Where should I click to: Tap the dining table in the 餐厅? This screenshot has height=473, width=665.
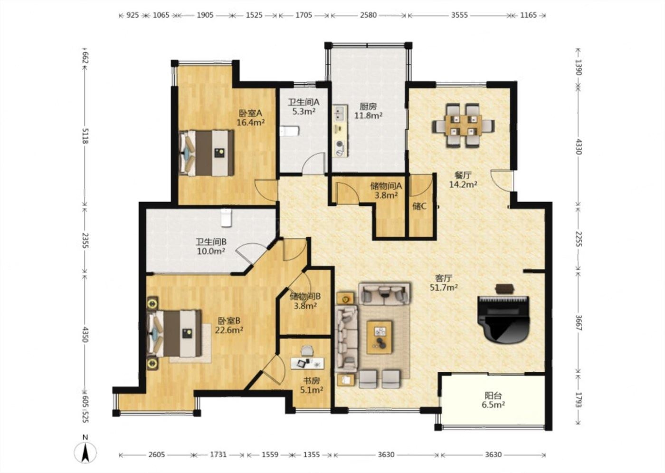tap(464, 125)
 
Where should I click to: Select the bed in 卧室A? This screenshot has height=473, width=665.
tap(206, 153)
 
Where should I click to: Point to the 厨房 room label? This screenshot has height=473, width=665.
tap(368, 106)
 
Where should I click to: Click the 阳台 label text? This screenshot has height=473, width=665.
tap(493, 396)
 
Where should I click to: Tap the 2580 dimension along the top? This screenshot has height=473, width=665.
tap(368, 15)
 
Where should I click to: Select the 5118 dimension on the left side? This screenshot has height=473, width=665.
tap(85, 136)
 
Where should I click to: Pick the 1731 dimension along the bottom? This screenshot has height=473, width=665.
tap(218, 454)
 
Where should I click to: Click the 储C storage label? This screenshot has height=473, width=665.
tap(419, 206)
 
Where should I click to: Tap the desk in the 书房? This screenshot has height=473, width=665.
tap(307, 363)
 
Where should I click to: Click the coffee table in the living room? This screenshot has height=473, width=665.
tap(380, 337)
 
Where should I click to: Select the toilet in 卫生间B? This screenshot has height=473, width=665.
tap(226, 218)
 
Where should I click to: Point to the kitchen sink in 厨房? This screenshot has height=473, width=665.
tap(340, 113)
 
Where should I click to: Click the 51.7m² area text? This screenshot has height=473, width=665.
tap(444, 287)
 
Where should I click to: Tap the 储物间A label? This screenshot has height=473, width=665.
tap(386, 186)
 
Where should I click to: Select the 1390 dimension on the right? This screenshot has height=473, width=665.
tap(578, 67)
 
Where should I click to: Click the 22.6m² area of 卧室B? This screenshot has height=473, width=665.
tap(229, 330)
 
